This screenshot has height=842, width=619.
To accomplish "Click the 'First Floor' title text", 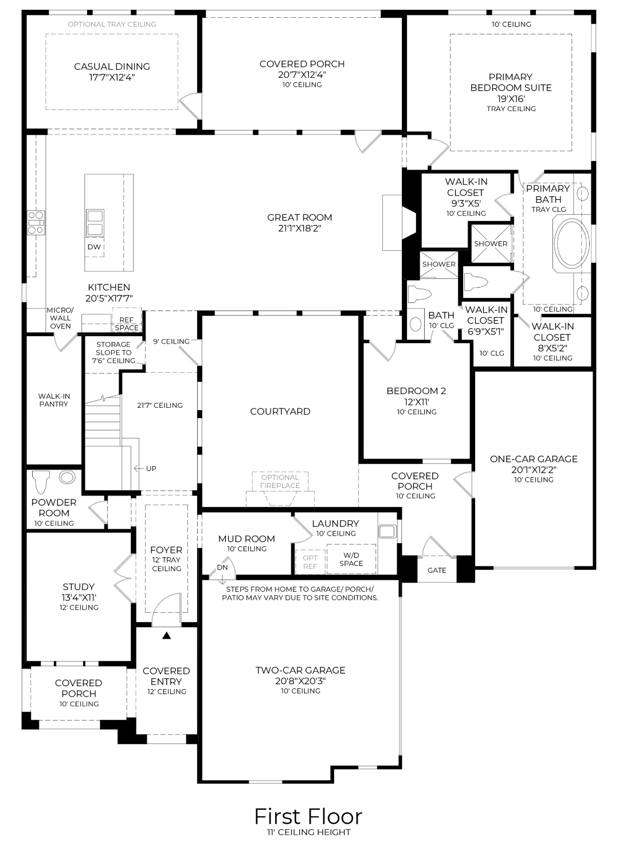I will point(308,816).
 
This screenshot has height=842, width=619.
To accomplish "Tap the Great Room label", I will point(299,218).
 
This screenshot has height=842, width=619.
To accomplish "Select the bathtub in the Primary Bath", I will point(571,245).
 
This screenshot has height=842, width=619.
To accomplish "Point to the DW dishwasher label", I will point(94,247).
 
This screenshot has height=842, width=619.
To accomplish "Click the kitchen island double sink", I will point(95,223).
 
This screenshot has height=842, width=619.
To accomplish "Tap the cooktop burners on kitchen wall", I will point(36,222).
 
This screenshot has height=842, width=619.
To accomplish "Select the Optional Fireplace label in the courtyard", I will point(280,481).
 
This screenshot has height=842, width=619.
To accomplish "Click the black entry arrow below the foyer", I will point(166,635).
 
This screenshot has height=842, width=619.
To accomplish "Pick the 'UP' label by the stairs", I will point(151,469).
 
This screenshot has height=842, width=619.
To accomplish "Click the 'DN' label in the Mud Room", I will point(222,568).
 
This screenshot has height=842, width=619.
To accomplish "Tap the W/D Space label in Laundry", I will point(351,559).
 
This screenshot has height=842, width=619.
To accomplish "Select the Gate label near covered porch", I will point(437,570).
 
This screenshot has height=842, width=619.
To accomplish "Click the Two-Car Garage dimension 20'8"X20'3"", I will point(300,681).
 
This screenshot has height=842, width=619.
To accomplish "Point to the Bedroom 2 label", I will point(416,391).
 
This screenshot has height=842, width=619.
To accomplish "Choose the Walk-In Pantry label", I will point(54,400).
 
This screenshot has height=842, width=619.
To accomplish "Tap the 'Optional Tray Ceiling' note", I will point(112,24).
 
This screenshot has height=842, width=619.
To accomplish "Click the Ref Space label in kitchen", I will point(127,324).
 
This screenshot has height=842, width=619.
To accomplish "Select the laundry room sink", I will point(387,531).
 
